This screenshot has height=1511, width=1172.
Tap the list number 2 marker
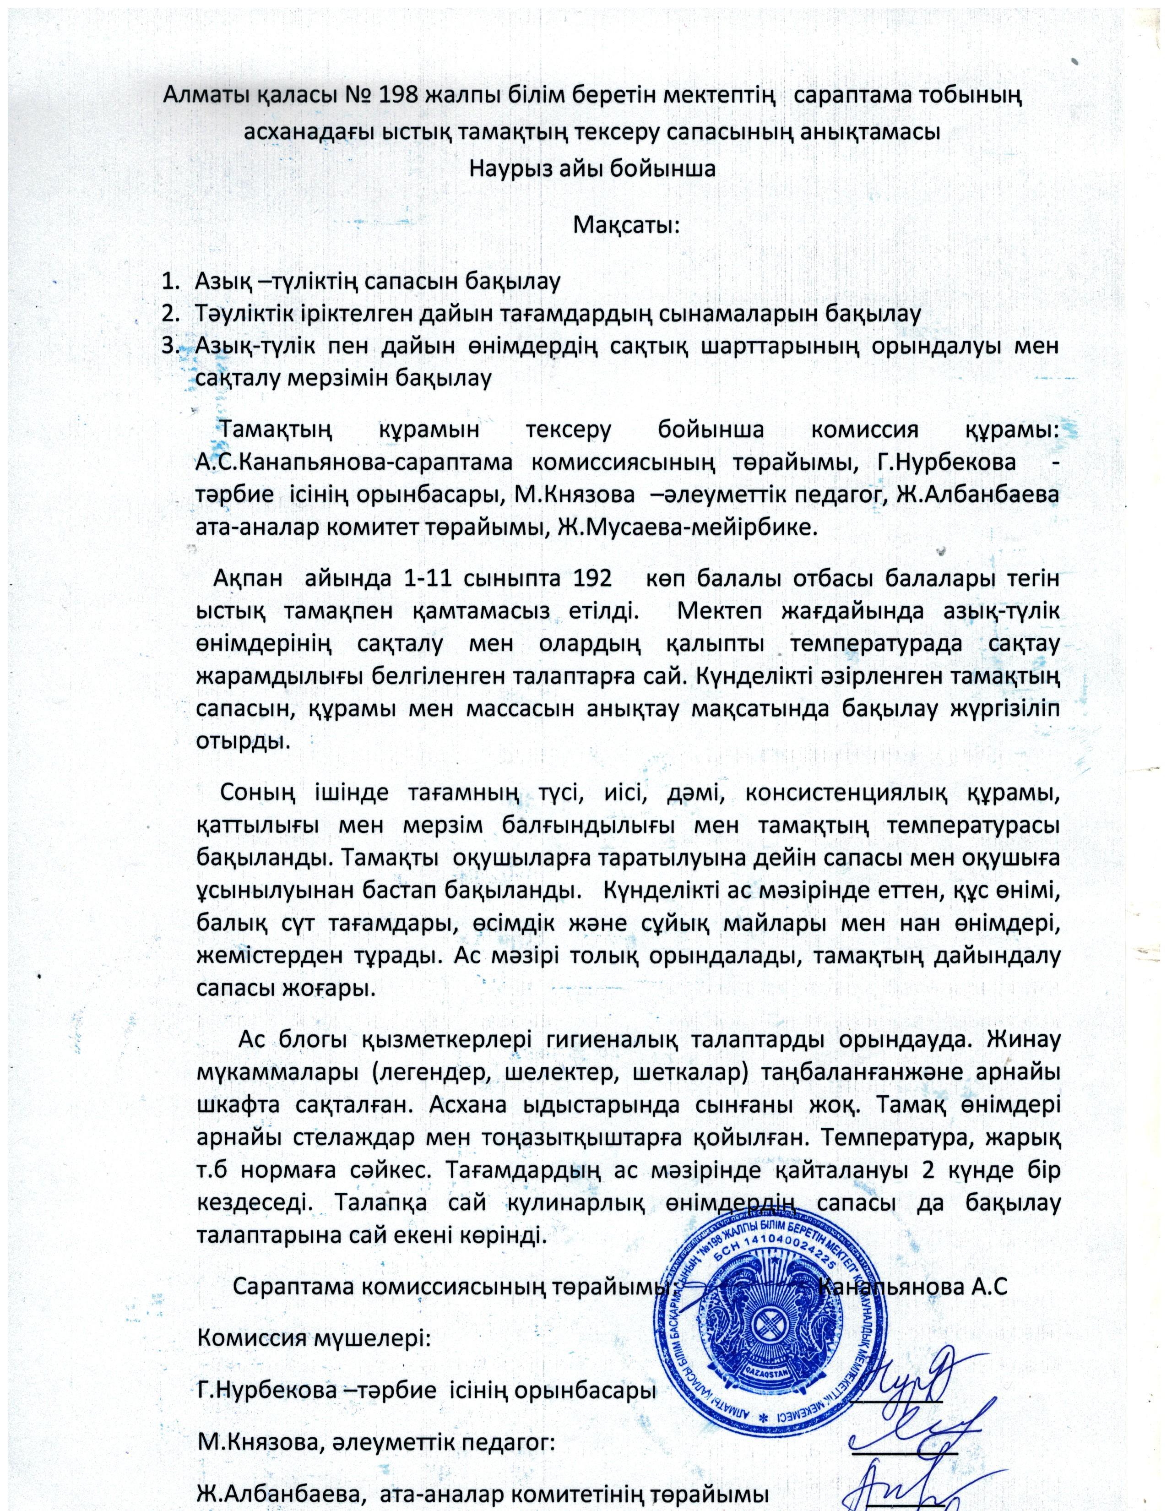click(x=168, y=313)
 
